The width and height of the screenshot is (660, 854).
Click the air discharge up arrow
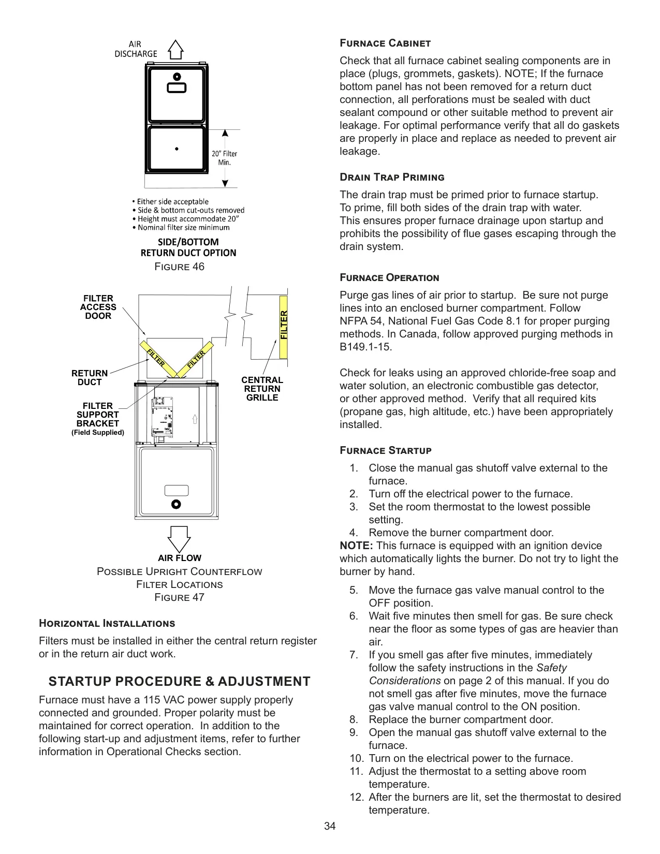[175, 50]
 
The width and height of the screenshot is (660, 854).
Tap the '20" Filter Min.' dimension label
[225, 158]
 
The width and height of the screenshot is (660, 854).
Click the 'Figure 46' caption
[179, 267]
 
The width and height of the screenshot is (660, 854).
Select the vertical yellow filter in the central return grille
[284, 327]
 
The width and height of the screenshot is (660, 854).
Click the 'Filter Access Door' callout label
[98, 307]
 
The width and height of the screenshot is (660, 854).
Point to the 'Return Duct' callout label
[90, 378]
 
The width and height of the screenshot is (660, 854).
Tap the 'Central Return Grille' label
[262, 389]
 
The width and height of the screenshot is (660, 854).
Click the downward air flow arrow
[179, 539]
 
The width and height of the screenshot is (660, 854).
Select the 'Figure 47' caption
[179, 597]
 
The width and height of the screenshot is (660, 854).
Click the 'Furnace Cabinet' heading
[385, 43]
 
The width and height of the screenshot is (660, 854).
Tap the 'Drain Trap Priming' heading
[392, 177]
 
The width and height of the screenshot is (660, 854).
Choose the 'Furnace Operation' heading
[389, 278]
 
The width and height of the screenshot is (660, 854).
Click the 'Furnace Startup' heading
[386, 450]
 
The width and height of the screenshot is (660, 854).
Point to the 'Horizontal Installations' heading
[107, 623]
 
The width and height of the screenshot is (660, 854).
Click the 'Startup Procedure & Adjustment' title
[179, 681]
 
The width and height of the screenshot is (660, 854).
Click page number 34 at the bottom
[330, 826]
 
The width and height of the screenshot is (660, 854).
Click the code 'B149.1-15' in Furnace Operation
[365, 347]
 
